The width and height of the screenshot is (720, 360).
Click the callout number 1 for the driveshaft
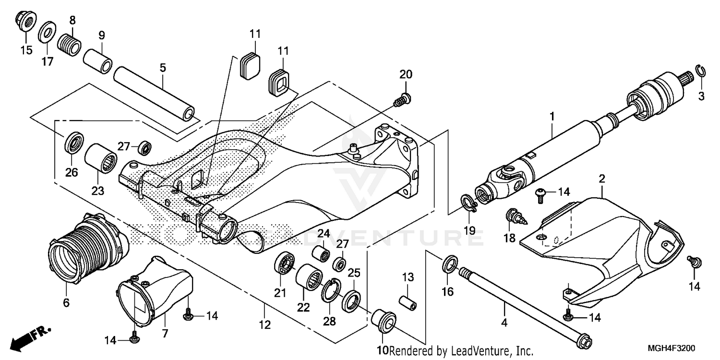[552, 116]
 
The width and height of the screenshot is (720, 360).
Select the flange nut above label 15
[24, 20]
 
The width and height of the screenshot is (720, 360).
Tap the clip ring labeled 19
[469, 203]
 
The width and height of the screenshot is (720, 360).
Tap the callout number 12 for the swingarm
[264, 325]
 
